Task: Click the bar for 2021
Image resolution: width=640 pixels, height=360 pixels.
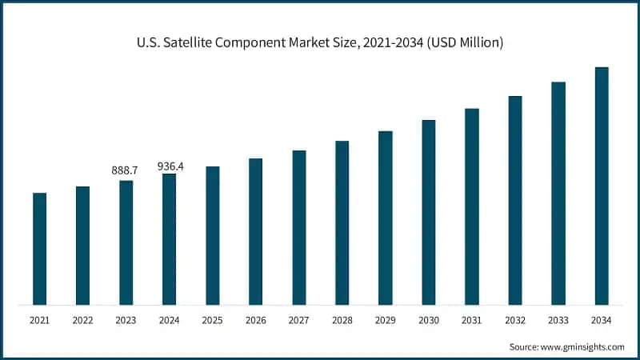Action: [39, 249]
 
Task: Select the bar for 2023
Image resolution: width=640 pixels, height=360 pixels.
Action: [126, 242]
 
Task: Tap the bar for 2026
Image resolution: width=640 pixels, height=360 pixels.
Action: [255, 231]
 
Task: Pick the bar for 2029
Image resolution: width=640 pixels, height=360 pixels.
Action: [386, 218]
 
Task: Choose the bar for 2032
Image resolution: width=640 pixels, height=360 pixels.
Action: [515, 200]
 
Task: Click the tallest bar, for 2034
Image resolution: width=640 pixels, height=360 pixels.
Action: [602, 186]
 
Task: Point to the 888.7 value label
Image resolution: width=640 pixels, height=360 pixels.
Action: [125, 170]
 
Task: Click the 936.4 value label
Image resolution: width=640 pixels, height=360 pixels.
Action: [169, 166]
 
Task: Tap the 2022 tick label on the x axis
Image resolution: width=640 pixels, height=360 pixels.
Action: [82, 321]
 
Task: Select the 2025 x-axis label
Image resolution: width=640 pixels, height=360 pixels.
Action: [212, 321]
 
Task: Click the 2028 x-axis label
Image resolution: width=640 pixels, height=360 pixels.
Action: [342, 321]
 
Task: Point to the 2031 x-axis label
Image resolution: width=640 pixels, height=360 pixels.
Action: [472, 321]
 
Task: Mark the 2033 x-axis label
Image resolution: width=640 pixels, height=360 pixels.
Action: [558, 321]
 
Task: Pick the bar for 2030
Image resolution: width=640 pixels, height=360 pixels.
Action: [429, 212]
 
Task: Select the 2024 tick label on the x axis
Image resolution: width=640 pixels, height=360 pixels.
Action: [169, 321]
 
